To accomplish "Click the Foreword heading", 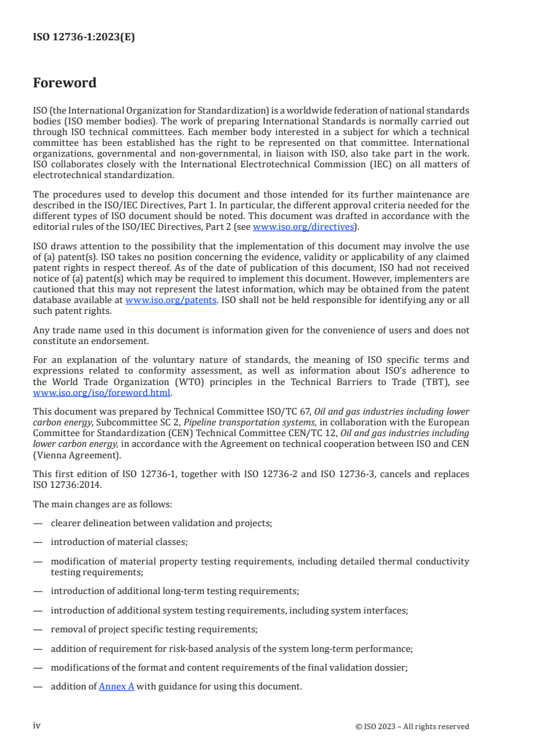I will tap(65, 83).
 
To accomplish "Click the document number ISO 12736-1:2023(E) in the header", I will tap(84, 38).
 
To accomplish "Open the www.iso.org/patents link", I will tap(171, 301).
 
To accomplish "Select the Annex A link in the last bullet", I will tap(116, 686).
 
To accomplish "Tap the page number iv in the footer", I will tap(37, 726).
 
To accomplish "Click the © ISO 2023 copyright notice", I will tap(412, 726).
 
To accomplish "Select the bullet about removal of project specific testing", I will tap(154, 630).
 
